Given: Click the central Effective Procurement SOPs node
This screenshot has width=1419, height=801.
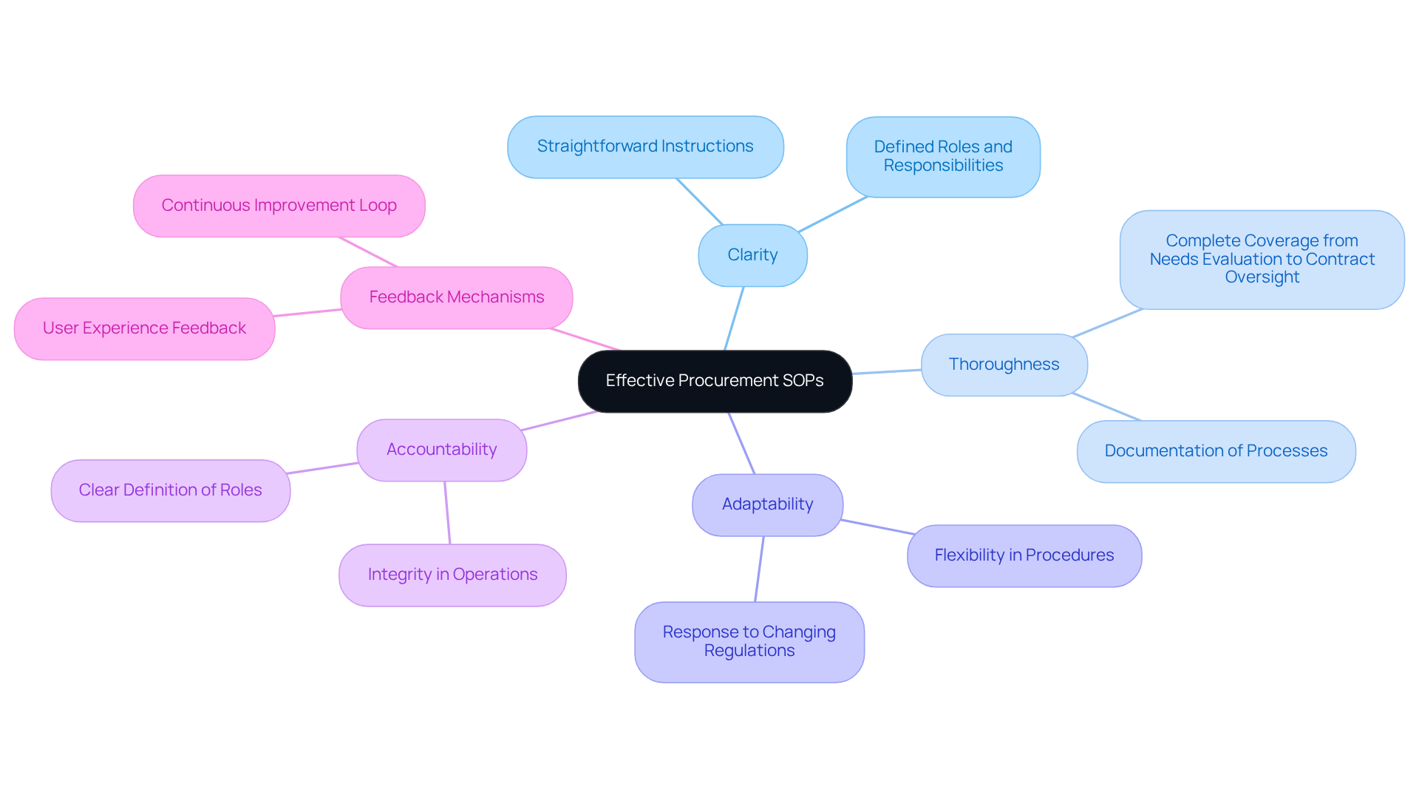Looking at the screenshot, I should pyautogui.click(x=715, y=381).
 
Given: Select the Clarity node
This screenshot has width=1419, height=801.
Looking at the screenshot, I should pyautogui.click(x=752, y=255).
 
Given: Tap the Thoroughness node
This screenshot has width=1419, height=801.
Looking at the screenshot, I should pyautogui.click(x=1004, y=365).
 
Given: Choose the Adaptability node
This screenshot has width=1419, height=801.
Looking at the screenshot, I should pyautogui.click(x=767, y=504).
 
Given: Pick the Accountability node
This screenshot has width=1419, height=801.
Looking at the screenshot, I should pyautogui.click(x=441, y=450).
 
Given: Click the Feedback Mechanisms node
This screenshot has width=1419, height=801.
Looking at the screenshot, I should pyautogui.click(x=456, y=297).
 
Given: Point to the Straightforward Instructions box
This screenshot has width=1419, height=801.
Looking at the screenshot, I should pyautogui.click(x=644, y=146).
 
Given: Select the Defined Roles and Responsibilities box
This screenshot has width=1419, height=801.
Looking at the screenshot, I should pyautogui.click(x=943, y=156).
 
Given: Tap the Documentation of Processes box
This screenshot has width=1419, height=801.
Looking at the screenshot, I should pyautogui.click(x=1216, y=451).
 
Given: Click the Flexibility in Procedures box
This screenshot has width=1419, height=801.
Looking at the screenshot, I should pyautogui.click(x=1024, y=555).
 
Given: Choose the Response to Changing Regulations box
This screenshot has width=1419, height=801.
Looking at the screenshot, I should pyautogui.click(x=749, y=641).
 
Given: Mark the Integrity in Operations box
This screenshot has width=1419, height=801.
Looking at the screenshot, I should pyautogui.click(x=452, y=575).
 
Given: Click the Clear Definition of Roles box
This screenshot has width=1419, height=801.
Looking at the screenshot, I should pyautogui.click(x=170, y=490).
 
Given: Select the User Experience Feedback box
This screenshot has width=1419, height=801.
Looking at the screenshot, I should pyautogui.click(x=144, y=328).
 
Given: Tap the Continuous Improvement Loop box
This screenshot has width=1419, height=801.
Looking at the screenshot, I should pyautogui.click(x=279, y=206).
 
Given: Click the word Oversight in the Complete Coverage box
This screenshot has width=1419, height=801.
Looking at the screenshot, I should pyautogui.click(x=1262, y=277).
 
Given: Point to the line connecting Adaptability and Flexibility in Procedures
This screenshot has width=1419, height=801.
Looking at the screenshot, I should pyautogui.click(x=878, y=527).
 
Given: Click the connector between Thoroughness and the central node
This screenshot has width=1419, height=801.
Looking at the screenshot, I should pyautogui.click(x=887, y=371).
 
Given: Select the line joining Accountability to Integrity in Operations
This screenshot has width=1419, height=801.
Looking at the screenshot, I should pyautogui.click(x=447, y=513).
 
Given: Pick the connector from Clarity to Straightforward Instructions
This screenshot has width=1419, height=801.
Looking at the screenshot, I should pyautogui.click(x=699, y=201).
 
